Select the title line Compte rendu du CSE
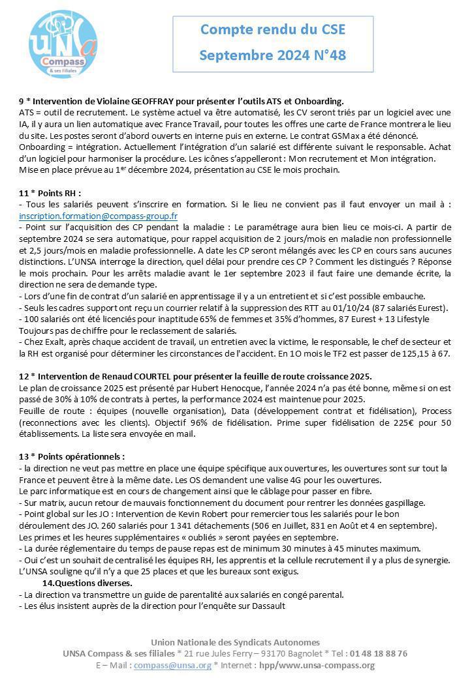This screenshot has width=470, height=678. tap(273, 29)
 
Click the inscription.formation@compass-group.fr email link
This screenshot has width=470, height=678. tap(99, 216)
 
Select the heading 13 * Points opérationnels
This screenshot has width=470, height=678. tap(72, 456)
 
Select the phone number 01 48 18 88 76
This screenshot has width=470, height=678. tap(378, 653)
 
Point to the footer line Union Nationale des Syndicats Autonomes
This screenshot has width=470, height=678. tap(235, 642)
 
